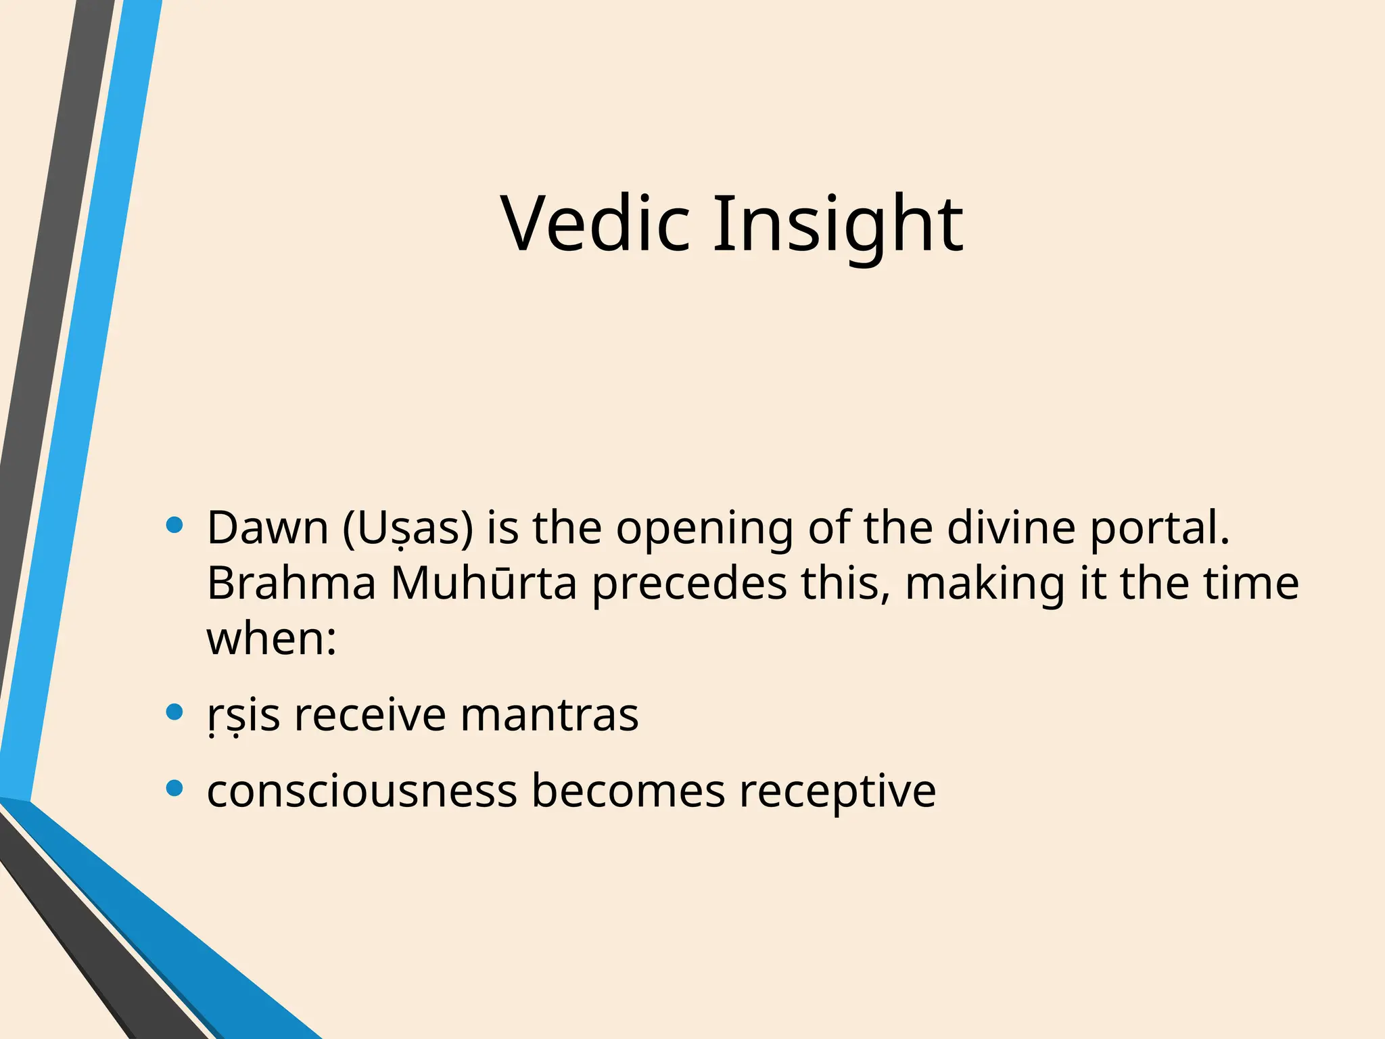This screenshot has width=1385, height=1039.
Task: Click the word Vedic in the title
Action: click(595, 223)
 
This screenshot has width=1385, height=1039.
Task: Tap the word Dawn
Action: click(267, 528)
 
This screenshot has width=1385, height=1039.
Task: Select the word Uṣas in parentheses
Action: click(408, 528)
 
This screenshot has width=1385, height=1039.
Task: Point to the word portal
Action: click(1159, 528)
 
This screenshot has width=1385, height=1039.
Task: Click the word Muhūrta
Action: click(484, 583)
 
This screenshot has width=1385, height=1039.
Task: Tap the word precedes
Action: click(689, 583)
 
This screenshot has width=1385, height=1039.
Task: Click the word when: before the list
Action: click(271, 639)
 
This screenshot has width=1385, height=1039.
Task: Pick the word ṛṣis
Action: click(243, 715)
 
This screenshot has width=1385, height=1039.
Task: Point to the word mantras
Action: click(549, 715)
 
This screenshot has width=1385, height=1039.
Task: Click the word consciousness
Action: click(362, 791)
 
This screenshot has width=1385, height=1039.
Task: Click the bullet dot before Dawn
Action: click(174, 525)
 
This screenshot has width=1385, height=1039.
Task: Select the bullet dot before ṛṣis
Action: click(174, 712)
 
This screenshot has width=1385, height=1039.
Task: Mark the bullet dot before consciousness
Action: click(174, 788)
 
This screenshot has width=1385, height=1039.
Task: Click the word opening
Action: click(704, 528)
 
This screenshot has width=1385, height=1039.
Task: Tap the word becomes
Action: click(628, 791)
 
